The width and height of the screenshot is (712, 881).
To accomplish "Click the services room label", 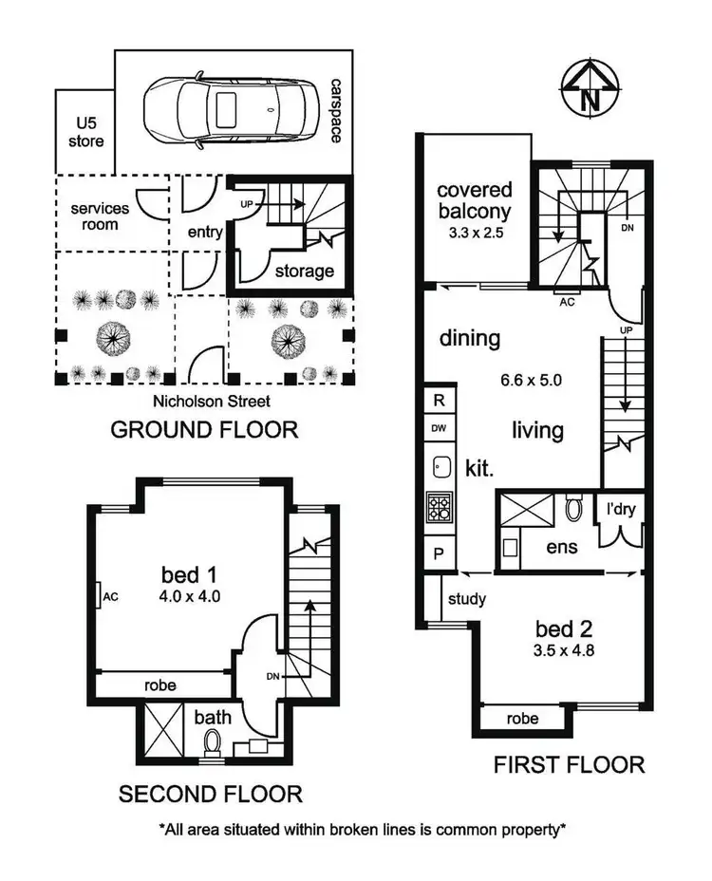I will (x=101, y=216).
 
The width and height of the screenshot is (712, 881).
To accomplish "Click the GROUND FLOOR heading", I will (x=204, y=430).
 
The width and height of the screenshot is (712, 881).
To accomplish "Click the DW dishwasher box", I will (x=439, y=428).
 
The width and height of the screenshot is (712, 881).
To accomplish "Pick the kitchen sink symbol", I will (x=440, y=467).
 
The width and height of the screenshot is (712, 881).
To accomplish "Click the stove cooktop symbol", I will (x=440, y=508).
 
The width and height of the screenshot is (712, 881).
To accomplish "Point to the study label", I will (x=466, y=599).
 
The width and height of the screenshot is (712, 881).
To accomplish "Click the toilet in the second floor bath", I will (x=210, y=743).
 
